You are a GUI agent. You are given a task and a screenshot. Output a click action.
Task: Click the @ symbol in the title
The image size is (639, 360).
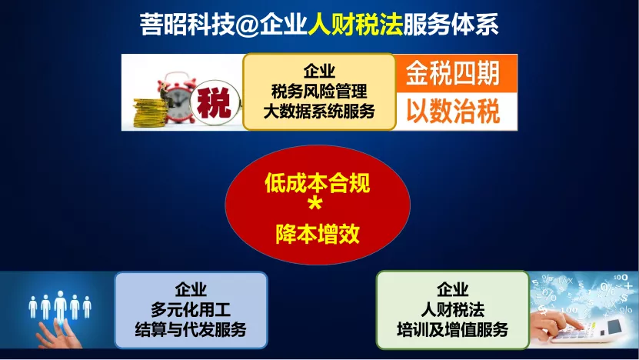(247, 25)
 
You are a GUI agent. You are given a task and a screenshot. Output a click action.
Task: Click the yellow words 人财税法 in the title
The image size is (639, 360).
(355, 25)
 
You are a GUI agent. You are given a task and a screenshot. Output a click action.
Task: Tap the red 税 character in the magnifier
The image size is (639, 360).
(214, 103)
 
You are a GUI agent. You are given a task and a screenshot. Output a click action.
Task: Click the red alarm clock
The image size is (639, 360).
(176, 98)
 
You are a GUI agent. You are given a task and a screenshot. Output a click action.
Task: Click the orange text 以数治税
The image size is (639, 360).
(453, 111)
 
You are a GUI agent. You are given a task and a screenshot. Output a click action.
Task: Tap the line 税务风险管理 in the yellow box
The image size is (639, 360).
(319, 92)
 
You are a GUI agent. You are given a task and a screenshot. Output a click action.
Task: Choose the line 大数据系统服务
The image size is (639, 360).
(319, 111)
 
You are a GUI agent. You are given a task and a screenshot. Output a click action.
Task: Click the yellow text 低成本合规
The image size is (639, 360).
(318, 182)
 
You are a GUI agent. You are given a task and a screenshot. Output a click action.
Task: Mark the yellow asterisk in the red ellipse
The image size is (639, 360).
(315, 203)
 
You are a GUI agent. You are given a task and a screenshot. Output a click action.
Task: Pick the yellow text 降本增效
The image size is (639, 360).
(318, 234)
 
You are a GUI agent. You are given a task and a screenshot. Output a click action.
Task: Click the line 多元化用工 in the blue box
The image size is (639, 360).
(191, 309)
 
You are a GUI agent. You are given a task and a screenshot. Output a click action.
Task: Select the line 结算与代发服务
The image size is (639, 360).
(191, 329)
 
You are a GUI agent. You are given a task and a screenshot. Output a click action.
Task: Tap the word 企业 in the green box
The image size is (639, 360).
(452, 290)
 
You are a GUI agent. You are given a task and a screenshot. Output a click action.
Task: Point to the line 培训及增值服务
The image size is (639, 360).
(452, 329)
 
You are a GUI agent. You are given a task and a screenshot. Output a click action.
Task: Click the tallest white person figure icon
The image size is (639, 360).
(60, 307)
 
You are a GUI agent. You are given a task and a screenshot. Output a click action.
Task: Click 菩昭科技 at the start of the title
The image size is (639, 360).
(188, 25)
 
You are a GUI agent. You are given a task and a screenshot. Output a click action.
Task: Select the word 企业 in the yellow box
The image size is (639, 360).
(319, 72)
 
